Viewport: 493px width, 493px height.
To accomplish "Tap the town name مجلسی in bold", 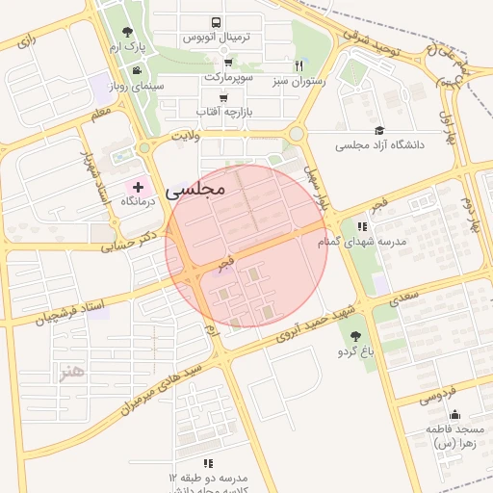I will point(195,190).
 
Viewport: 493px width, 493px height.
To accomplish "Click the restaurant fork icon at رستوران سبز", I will point(299,66).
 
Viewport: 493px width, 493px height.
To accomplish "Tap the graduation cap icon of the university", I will point(379,130).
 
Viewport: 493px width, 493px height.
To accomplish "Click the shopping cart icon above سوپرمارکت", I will point(227,60).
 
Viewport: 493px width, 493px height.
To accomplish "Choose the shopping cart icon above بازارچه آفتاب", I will point(223,97).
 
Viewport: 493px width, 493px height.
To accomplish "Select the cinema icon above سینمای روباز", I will point(138,70).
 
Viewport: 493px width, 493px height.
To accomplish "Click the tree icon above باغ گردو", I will point(356,336).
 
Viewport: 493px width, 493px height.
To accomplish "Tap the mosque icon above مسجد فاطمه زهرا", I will point(455,414).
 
